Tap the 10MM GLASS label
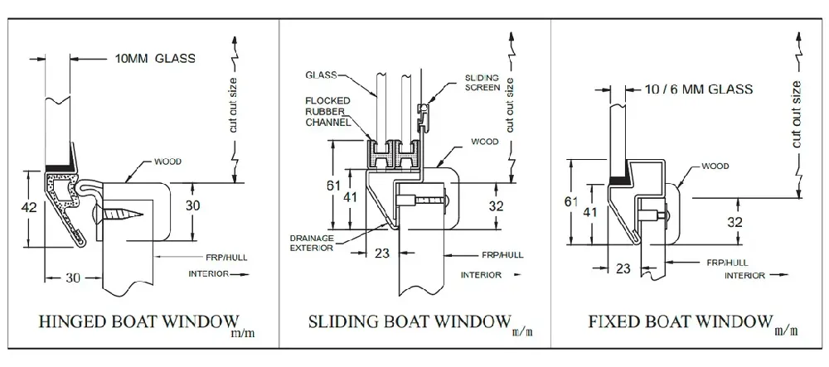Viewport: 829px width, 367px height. [153, 58]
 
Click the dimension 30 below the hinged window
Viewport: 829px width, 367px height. [73, 279]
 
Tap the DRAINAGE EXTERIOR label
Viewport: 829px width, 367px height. [313, 242]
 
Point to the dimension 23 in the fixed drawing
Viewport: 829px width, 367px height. [624, 268]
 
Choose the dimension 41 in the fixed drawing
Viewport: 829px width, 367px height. [589, 212]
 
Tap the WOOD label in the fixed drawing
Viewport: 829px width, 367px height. [715, 167]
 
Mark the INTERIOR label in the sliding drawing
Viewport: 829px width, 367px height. [480, 274]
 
